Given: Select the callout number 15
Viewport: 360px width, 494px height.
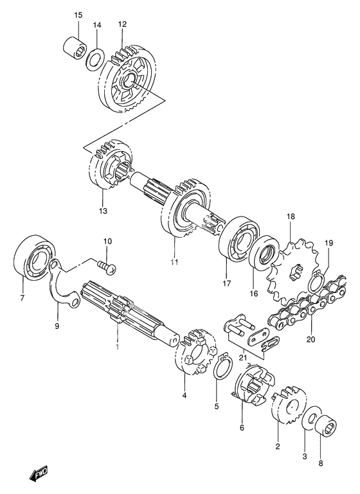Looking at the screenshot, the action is [x=78, y=15].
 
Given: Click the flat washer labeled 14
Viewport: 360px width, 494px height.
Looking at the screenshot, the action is [x=94, y=59].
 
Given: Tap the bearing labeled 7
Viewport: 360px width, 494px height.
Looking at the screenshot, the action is [x=35, y=258].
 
